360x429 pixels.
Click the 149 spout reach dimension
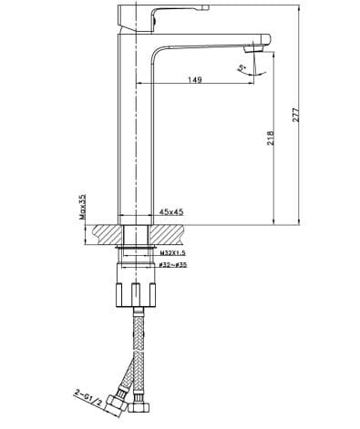point(194,80)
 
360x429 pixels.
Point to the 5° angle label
point(241,67)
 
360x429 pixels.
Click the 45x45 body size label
point(171,212)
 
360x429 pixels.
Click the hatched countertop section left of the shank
point(105,234)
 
